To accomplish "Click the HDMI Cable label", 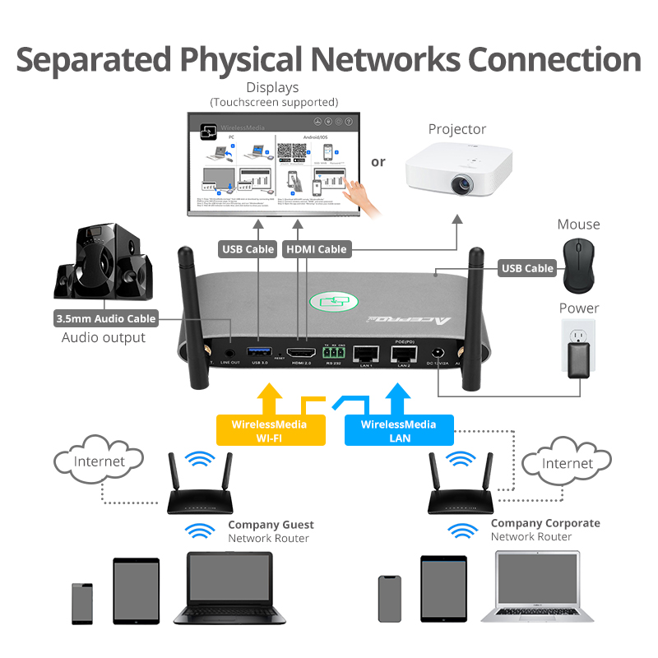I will point(316,248).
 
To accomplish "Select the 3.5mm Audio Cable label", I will point(105,318).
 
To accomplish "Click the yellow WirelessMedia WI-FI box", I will point(269,431).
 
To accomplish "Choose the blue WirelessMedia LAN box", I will point(398,431).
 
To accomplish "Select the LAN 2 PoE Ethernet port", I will point(403,354).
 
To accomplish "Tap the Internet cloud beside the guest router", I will point(98,461).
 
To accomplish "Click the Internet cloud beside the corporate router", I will point(567,463).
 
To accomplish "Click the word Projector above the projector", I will point(457,129).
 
